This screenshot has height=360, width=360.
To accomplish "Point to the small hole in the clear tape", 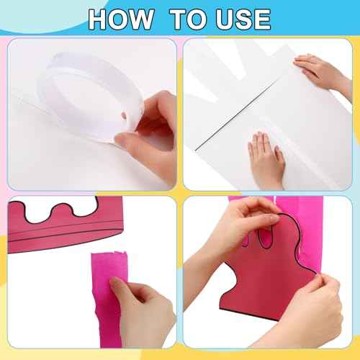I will click(x=123, y=115).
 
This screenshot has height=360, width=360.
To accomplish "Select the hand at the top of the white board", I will click(x=324, y=72).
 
